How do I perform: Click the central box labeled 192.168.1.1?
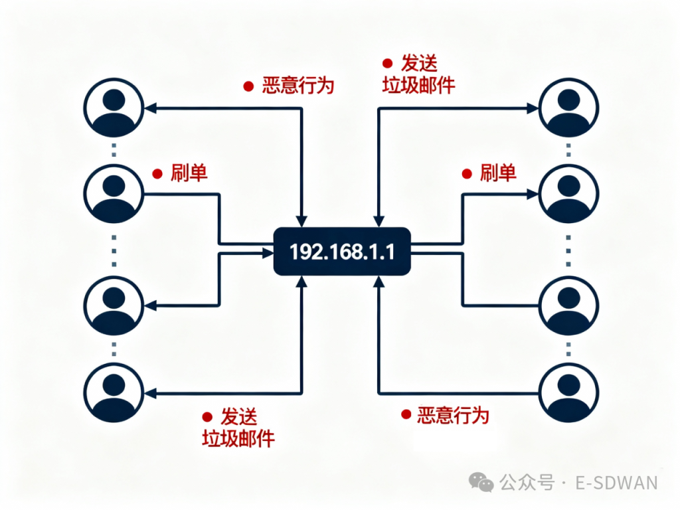click(342, 252)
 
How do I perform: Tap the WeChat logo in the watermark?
click(481, 482)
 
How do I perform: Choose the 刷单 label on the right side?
click(498, 173)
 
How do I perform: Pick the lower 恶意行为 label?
click(453, 416)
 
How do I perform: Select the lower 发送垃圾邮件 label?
click(238, 428)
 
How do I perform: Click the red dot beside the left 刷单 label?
click(157, 174)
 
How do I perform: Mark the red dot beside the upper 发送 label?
click(387, 64)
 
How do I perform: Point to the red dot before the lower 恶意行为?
click(406, 414)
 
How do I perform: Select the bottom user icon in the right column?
click(569, 391)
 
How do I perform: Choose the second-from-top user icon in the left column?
click(114, 193)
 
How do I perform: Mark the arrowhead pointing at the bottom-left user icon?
click(150, 393)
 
